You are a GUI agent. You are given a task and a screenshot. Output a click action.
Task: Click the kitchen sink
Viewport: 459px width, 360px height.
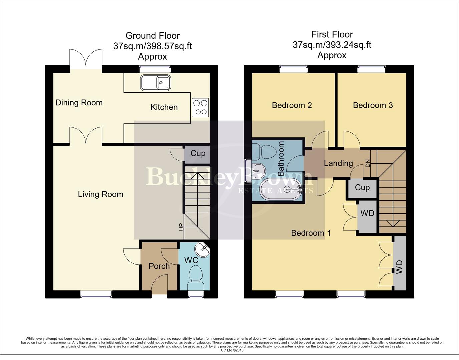tap(155, 82)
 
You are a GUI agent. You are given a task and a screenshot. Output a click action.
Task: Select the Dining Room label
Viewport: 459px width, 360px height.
tap(79, 103)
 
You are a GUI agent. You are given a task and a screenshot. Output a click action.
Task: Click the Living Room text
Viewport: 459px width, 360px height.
tap(100, 194)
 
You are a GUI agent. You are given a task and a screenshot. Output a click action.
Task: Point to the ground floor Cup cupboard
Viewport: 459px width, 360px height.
tap(197, 154)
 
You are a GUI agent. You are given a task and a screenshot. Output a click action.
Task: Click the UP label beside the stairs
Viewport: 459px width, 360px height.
tap(181, 227)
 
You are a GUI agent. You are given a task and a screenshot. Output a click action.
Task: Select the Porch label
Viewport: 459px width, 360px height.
tap(159, 266)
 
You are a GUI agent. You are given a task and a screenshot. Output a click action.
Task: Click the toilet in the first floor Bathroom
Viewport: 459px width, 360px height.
tap(262, 152)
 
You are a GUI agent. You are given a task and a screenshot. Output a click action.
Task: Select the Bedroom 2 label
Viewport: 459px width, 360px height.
tap(292, 105)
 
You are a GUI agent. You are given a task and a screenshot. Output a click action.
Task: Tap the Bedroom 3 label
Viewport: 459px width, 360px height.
tap(373, 105)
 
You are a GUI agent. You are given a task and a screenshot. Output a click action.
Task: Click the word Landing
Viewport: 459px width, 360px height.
tap(338, 163)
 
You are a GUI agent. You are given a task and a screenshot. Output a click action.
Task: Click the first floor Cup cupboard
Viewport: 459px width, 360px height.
tap(362, 188)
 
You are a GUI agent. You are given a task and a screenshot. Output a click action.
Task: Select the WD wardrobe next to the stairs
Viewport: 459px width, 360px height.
tap(367, 213)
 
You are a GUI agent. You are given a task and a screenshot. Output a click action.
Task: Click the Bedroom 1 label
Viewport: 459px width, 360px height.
tap(311, 233)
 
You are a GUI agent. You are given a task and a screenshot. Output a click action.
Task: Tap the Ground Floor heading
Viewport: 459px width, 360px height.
tap(153, 36)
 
